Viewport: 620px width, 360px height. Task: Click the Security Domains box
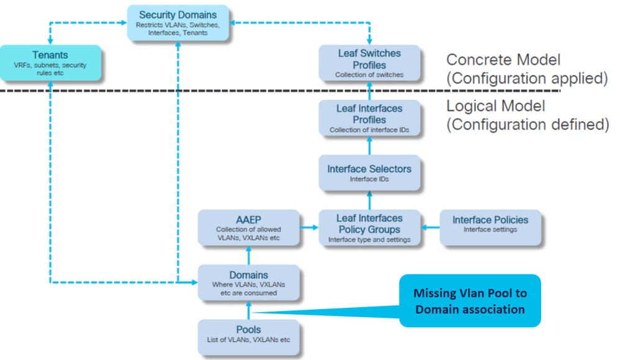[x=177, y=23]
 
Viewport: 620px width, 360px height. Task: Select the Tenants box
[x=50, y=62]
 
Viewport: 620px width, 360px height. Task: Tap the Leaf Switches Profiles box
[x=369, y=63]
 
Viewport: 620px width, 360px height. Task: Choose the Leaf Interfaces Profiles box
[x=369, y=117]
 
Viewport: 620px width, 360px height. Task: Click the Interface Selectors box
[x=369, y=173]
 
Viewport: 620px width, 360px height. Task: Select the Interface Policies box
[x=490, y=224]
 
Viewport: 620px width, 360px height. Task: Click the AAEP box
[x=248, y=227]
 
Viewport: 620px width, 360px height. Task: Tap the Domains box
[x=248, y=282]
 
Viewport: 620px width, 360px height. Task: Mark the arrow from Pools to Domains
[x=248, y=310]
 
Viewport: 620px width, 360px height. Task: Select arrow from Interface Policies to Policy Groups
[x=430, y=228]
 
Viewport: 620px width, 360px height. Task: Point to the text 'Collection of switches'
[x=369, y=74]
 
